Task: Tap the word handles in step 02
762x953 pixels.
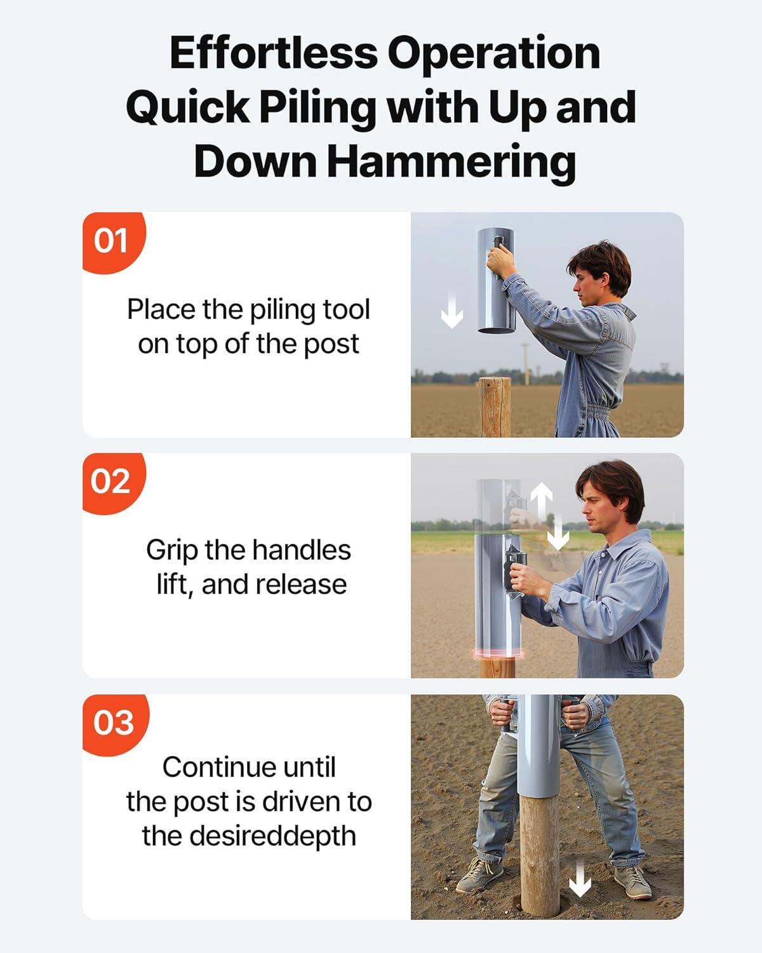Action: coord(302,550)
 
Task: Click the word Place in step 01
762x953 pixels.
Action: coord(162,309)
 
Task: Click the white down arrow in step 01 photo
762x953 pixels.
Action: coord(451,312)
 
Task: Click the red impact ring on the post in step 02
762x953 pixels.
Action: coord(498,654)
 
